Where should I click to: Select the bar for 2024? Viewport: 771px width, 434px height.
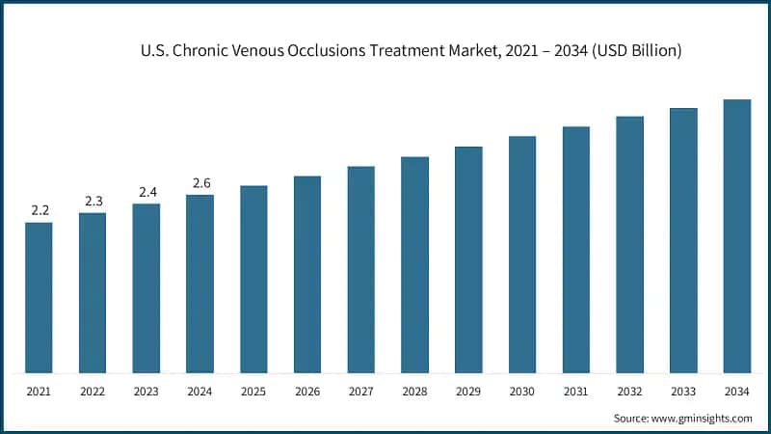(x=199, y=284)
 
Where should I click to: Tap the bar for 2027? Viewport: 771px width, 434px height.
(x=361, y=269)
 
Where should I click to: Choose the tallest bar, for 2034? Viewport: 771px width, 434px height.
(x=737, y=235)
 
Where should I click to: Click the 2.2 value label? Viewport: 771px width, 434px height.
(x=40, y=210)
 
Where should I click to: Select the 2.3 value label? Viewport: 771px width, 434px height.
(x=93, y=201)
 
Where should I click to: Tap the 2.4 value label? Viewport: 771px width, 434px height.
(x=146, y=192)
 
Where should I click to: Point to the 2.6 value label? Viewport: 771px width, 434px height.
(x=200, y=182)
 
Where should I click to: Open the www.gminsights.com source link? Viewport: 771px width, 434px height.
(x=700, y=418)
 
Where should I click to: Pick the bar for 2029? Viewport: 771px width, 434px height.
(x=468, y=259)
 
